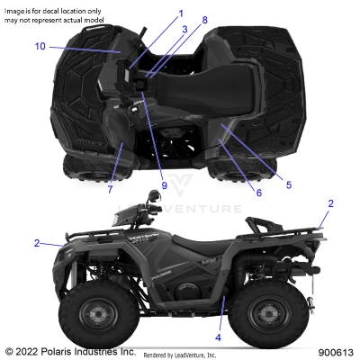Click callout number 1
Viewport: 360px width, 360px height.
pyautogui.click(x=179, y=13)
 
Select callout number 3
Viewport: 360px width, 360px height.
pyautogui.click(x=184, y=29)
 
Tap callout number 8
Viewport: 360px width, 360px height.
pyautogui.click(x=204, y=20)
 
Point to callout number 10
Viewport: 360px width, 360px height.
pyautogui.click(x=40, y=46)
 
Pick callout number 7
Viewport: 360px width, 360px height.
pyautogui.click(x=110, y=189)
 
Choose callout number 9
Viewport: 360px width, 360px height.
pyautogui.click(x=165, y=185)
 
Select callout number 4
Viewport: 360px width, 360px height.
pyautogui.click(x=218, y=337)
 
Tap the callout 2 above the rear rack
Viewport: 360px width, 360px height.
pyautogui.click(x=330, y=204)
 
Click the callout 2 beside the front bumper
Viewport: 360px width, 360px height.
pyautogui.click(x=37, y=243)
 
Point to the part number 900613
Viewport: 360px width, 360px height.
pyautogui.click(x=335, y=352)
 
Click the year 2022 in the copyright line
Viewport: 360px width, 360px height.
pyautogui.click(x=30, y=351)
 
